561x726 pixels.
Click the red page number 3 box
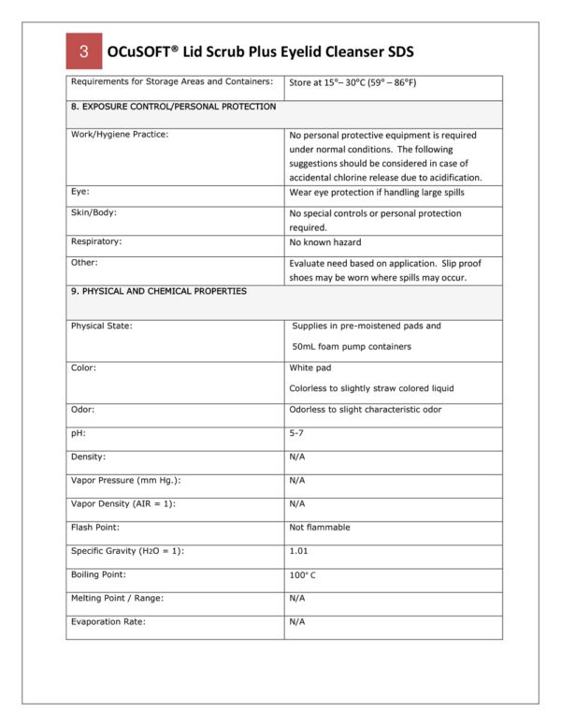[84, 51]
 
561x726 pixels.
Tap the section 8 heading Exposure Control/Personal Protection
[173, 107]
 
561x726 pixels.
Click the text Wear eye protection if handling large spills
[376, 192]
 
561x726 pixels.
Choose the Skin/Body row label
[93, 212]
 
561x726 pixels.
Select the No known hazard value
[324, 242]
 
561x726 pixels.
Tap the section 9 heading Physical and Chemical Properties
[159, 291]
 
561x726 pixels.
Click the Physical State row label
[101, 326]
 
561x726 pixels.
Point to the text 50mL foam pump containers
[352, 346]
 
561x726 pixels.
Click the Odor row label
[82, 410]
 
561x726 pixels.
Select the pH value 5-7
[297, 433]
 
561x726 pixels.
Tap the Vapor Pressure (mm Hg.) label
[125, 480]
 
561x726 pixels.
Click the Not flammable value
[320, 527]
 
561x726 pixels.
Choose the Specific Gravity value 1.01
[299, 551]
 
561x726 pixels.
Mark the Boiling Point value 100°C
[303, 574]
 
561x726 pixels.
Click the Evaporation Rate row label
[108, 621]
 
